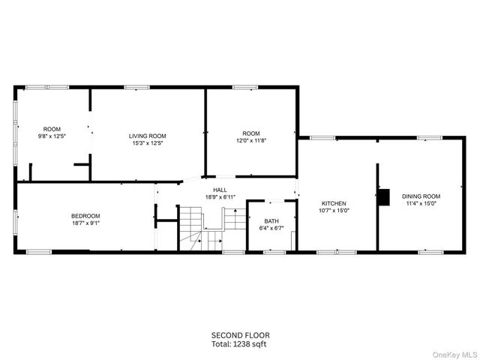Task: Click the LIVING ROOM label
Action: [x=147, y=136]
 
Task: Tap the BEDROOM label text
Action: [x=85, y=216]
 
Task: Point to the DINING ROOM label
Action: [x=421, y=196]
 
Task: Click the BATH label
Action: [x=271, y=220]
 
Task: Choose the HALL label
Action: [x=220, y=190]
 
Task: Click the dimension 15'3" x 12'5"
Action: [x=147, y=142]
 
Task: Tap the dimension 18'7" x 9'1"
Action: [x=85, y=223]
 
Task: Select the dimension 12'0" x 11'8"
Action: [x=251, y=140]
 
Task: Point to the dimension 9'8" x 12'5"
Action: [x=52, y=136]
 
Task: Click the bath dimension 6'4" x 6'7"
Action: [x=271, y=227]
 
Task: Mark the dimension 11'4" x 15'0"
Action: [x=421, y=202]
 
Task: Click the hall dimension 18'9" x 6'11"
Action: [x=220, y=197]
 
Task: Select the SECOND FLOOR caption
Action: [x=240, y=335]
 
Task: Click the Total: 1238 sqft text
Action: [x=240, y=343]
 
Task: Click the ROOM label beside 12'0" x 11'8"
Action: [x=251, y=133]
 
